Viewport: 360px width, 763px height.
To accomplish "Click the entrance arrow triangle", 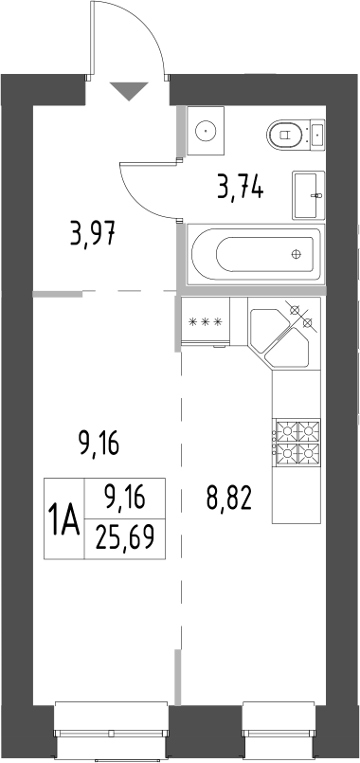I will [x=129, y=91].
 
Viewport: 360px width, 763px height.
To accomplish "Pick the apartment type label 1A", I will [x=64, y=519].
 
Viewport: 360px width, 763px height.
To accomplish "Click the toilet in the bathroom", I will [x=296, y=136].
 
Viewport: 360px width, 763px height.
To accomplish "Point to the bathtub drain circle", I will [x=297, y=254].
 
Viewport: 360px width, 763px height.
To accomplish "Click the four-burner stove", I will [x=295, y=443].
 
